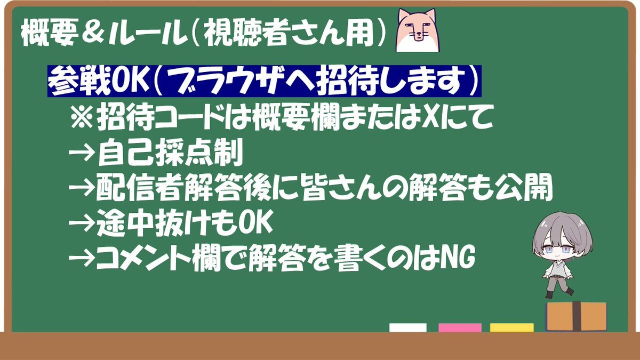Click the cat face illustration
point(418,30)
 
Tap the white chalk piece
point(407,327)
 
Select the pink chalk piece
point(460,327)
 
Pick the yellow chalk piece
point(511,327)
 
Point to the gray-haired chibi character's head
point(562,238)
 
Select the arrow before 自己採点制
point(82,153)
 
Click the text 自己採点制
point(171,153)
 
